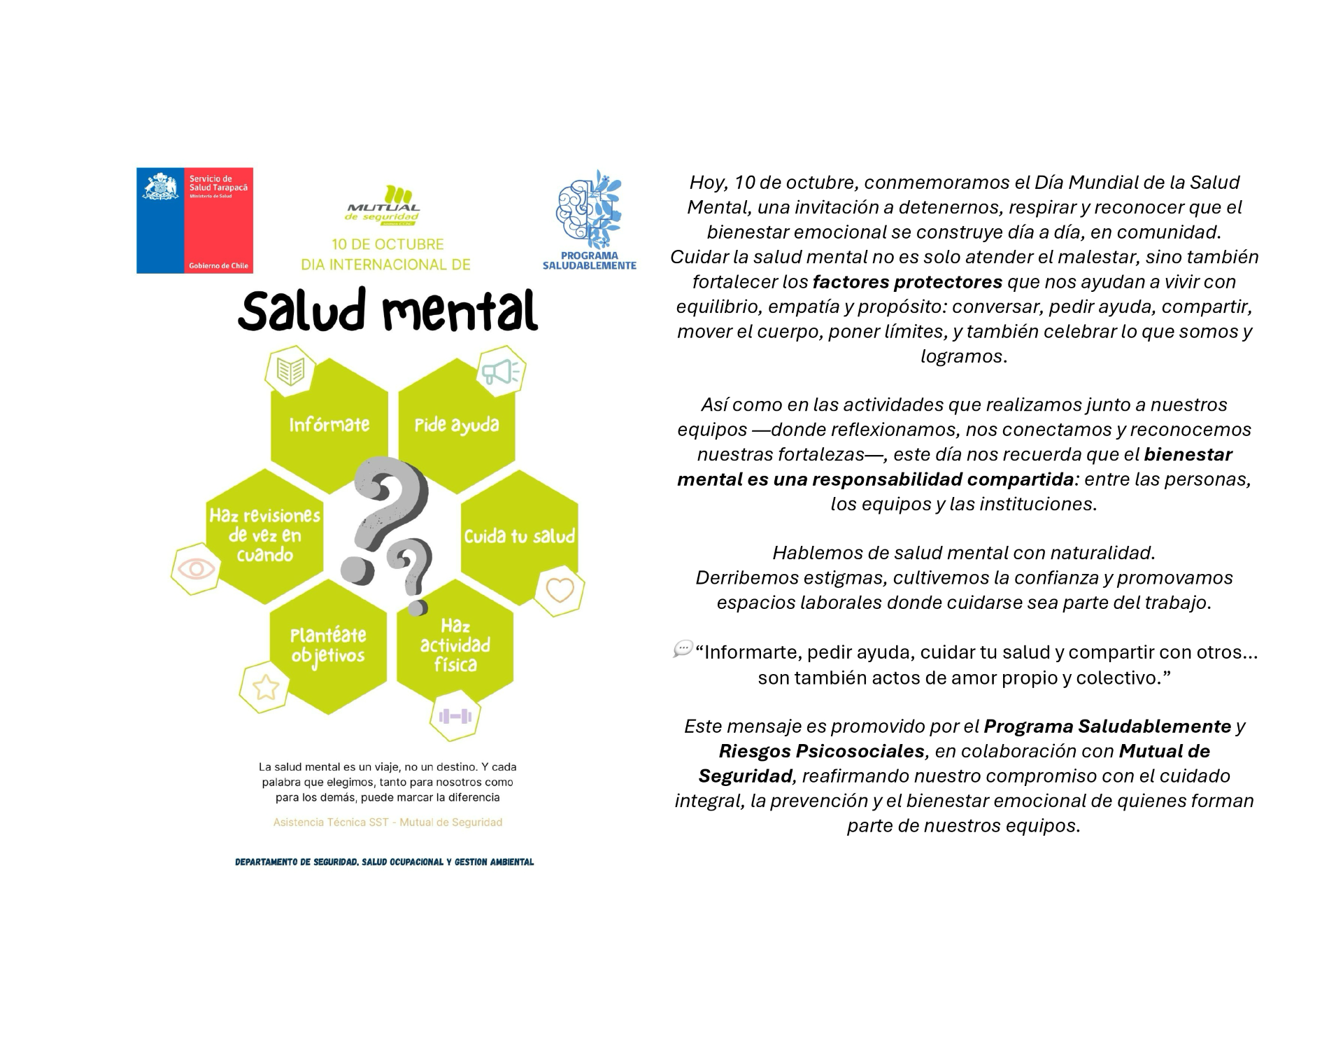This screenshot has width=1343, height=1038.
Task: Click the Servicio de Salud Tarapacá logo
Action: (x=194, y=220)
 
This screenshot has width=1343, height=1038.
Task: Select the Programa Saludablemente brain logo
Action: (x=588, y=209)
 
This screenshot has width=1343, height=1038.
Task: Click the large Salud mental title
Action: (x=388, y=311)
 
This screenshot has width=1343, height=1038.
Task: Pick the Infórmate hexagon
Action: (x=329, y=425)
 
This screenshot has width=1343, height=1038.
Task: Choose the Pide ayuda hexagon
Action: (x=456, y=425)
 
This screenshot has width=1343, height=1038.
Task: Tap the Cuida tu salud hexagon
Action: (x=519, y=536)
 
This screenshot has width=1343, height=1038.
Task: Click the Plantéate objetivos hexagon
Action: (x=328, y=645)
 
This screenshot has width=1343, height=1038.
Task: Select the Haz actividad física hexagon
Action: (x=455, y=645)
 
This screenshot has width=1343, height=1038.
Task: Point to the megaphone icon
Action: (x=501, y=372)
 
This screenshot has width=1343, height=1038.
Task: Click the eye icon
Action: (x=196, y=568)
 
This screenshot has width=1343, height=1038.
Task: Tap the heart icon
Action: (x=560, y=590)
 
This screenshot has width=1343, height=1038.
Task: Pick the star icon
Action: (x=265, y=687)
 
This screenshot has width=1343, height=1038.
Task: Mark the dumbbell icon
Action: (x=455, y=716)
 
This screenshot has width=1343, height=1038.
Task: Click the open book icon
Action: (x=290, y=370)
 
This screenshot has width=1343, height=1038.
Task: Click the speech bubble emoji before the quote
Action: (x=682, y=649)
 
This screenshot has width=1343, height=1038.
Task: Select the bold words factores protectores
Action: (x=907, y=282)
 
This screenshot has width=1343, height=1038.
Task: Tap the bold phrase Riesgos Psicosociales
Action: (x=821, y=751)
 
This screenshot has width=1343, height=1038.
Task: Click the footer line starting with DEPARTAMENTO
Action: (x=384, y=862)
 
